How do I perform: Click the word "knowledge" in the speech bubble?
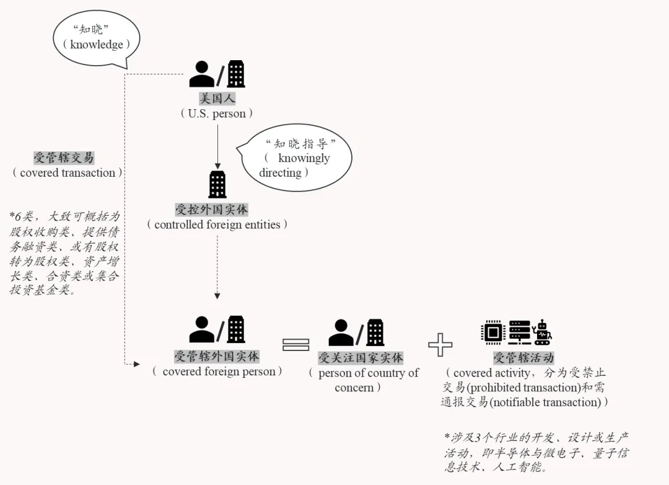(x=97, y=45)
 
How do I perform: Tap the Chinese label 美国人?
(x=217, y=99)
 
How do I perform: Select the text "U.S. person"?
(x=217, y=113)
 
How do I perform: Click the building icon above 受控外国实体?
(x=217, y=184)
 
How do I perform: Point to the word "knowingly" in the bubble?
(x=304, y=158)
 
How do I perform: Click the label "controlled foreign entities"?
(x=217, y=225)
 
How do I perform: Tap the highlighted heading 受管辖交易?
(x=64, y=158)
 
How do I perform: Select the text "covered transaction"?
(x=68, y=172)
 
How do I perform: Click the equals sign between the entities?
(x=295, y=344)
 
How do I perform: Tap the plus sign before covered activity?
(x=440, y=344)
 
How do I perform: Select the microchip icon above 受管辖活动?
(x=493, y=332)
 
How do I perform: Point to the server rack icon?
(x=520, y=332)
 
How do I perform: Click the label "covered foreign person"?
(x=219, y=372)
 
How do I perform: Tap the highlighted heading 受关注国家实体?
(x=361, y=358)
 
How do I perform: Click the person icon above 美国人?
(x=201, y=74)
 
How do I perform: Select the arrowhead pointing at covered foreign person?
(x=136, y=364)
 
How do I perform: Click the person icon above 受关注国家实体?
(x=341, y=332)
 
